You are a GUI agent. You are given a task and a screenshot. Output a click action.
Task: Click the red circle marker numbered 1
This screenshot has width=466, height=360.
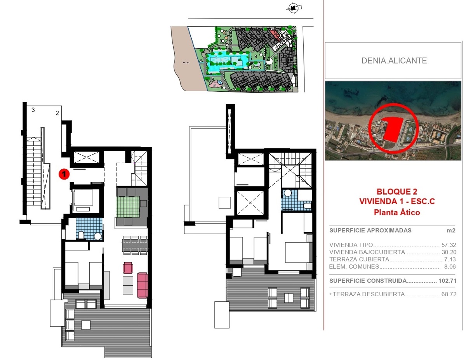point(64,174)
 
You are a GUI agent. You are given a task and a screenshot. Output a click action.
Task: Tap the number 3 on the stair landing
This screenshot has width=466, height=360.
point(33,110)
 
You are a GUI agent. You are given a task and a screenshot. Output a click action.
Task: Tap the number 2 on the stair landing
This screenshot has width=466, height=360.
point(57,113)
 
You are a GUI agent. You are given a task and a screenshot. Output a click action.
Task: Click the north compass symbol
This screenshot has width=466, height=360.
point(294,8)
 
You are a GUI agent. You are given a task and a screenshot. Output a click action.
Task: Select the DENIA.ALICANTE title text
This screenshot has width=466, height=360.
point(394,61)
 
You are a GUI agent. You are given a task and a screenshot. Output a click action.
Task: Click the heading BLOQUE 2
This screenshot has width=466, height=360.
point(397,191)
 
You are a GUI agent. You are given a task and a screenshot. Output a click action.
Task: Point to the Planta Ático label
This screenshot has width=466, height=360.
point(397,212)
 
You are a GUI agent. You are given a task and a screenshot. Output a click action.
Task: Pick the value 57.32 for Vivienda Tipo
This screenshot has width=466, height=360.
point(449,245)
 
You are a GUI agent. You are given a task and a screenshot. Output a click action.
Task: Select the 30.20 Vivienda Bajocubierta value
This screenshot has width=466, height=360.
point(449,252)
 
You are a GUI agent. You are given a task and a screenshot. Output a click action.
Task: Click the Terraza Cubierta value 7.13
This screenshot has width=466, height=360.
point(450,259)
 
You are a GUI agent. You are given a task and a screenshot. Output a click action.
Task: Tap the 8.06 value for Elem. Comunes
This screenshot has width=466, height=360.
point(450,266)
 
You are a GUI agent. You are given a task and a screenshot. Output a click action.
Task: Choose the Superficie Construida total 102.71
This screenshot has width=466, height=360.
point(447,280)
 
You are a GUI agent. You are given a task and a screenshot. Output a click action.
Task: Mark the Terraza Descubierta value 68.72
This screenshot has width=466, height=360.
point(449,294)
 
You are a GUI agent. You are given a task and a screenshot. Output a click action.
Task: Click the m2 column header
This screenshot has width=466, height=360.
point(451,230)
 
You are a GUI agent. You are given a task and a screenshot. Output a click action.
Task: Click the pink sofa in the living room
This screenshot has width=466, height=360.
point(143,285)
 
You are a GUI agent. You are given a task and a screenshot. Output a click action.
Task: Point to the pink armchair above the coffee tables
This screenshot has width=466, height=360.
point(128,268)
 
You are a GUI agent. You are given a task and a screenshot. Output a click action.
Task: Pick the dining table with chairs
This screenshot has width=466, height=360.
point(135,245)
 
